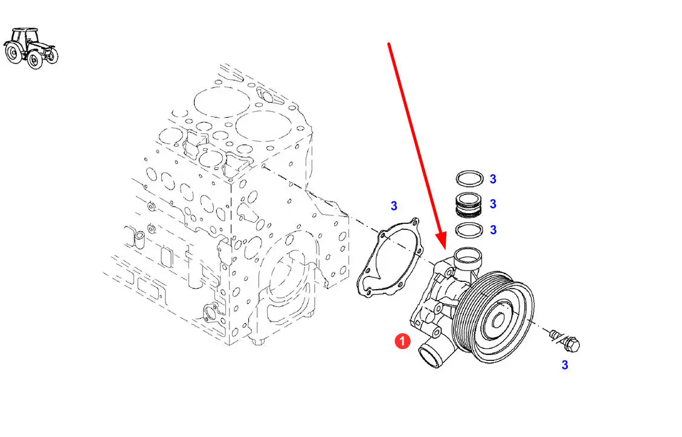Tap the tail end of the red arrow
tap(389, 43)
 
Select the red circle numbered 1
tap(402, 342)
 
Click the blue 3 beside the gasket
tap(394, 206)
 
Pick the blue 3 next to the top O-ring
tap(493, 179)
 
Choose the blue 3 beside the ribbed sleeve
tap(493, 204)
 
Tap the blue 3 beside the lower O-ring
tap(493, 230)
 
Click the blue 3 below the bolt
tap(565, 365)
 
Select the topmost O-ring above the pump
tap(469, 179)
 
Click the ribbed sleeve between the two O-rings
tap(469, 204)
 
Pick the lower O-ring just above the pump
tap(469, 230)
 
